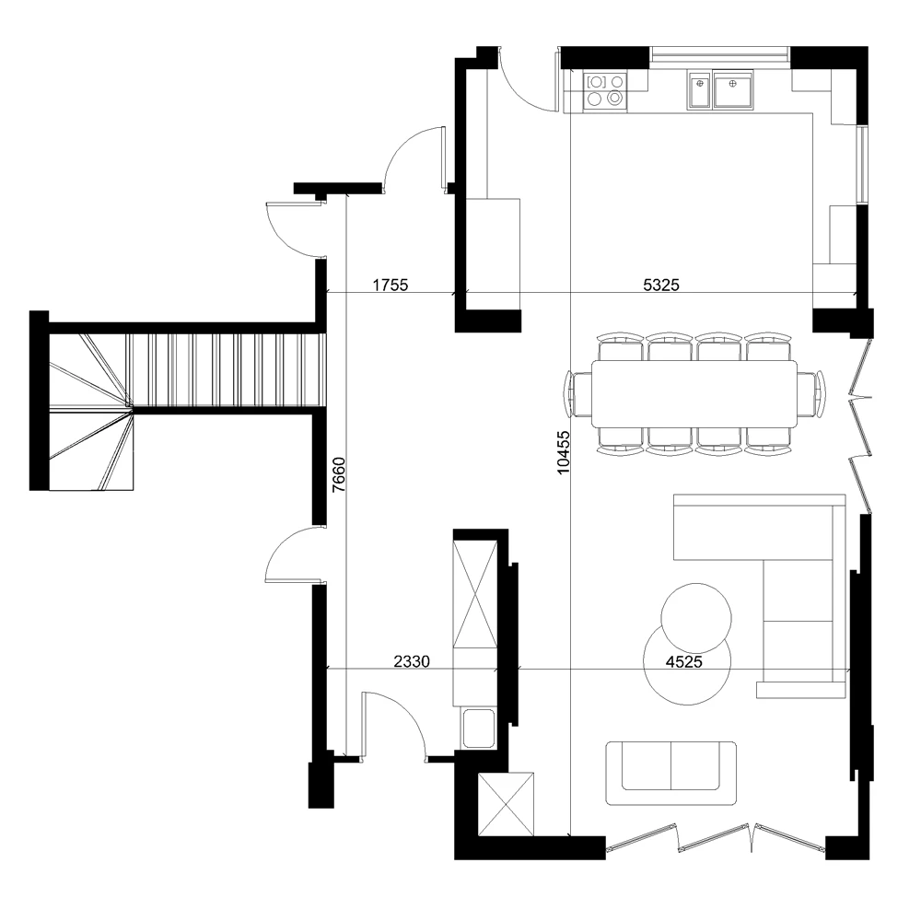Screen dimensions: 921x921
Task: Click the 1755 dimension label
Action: click(x=390, y=285)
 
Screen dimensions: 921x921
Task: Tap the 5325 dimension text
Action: click(x=660, y=285)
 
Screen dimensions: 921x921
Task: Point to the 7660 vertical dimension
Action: click(x=339, y=474)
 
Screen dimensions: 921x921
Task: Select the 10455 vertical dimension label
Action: click(x=563, y=452)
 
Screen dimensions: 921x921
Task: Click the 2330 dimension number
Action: click(x=411, y=661)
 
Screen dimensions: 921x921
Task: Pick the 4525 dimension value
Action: click(x=683, y=662)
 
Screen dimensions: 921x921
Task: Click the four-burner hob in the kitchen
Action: click(x=605, y=90)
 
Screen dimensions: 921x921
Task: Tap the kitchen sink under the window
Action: click(x=720, y=90)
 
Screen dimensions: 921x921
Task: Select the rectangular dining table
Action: click(x=694, y=393)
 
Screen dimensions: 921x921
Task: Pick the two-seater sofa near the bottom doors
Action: click(x=670, y=773)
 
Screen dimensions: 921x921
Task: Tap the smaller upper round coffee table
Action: click(x=696, y=618)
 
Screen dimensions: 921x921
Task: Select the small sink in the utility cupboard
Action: click(x=478, y=728)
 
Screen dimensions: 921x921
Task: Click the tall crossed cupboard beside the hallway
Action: click(x=475, y=593)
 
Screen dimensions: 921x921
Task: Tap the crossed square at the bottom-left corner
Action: click(x=506, y=804)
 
